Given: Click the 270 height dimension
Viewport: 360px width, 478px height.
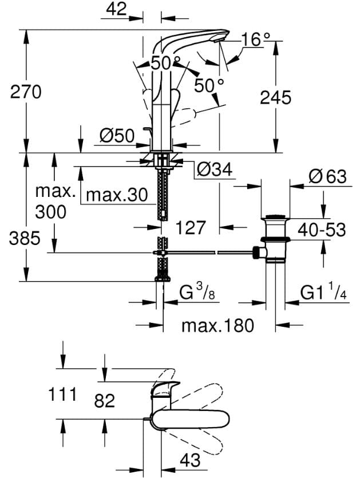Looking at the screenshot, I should point(26,91).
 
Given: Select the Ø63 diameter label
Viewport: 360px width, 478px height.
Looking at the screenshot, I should point(327,176).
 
